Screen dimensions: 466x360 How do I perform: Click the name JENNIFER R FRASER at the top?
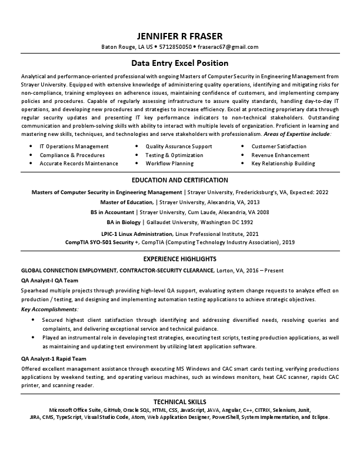179,35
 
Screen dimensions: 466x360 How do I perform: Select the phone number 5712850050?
175,46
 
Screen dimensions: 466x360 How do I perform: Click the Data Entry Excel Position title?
179,63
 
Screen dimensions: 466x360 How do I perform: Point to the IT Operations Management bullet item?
74,146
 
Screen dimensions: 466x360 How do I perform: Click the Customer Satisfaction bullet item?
279,146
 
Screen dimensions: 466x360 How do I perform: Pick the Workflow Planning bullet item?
169,164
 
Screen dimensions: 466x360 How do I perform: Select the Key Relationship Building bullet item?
283,164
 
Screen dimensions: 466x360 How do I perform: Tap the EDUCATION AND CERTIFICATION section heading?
179,180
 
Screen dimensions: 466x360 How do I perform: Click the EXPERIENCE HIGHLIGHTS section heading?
179,259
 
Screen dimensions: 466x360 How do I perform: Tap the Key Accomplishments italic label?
49,309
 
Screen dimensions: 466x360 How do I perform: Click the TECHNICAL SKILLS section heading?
179,401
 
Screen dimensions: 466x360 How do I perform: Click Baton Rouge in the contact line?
118,46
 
